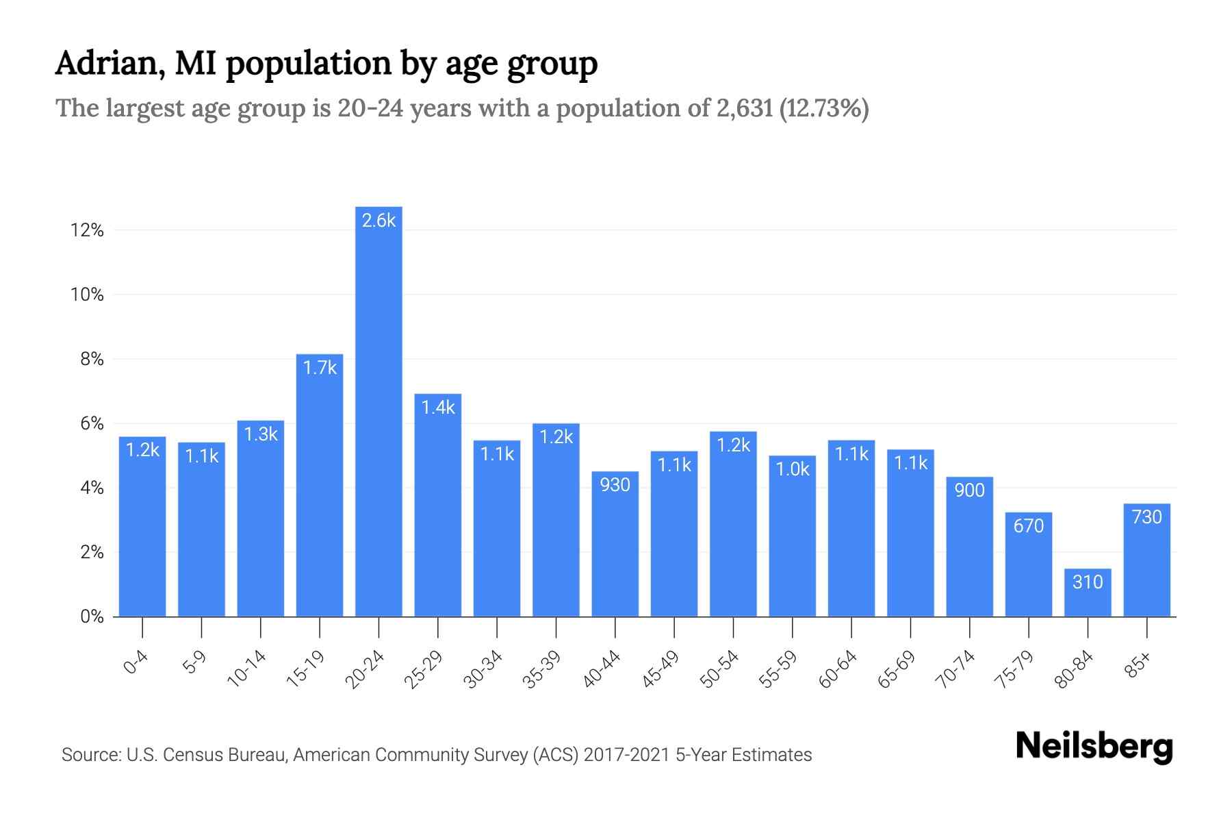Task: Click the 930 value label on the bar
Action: coord(615,485)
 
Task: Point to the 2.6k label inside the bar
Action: coord(378,220)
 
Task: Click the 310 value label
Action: coord(1088,582)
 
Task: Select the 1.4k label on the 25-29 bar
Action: coord(438,408)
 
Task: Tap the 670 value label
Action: coord(1028,526)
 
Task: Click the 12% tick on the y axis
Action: coord(87,230)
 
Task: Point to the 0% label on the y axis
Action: coord(92,616)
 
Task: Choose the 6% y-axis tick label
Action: coord(92,423)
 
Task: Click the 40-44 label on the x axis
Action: coord(602,669)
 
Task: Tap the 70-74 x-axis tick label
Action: coord(955,669)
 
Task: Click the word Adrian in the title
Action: coord(110,63)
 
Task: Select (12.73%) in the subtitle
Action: coord(824,108)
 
